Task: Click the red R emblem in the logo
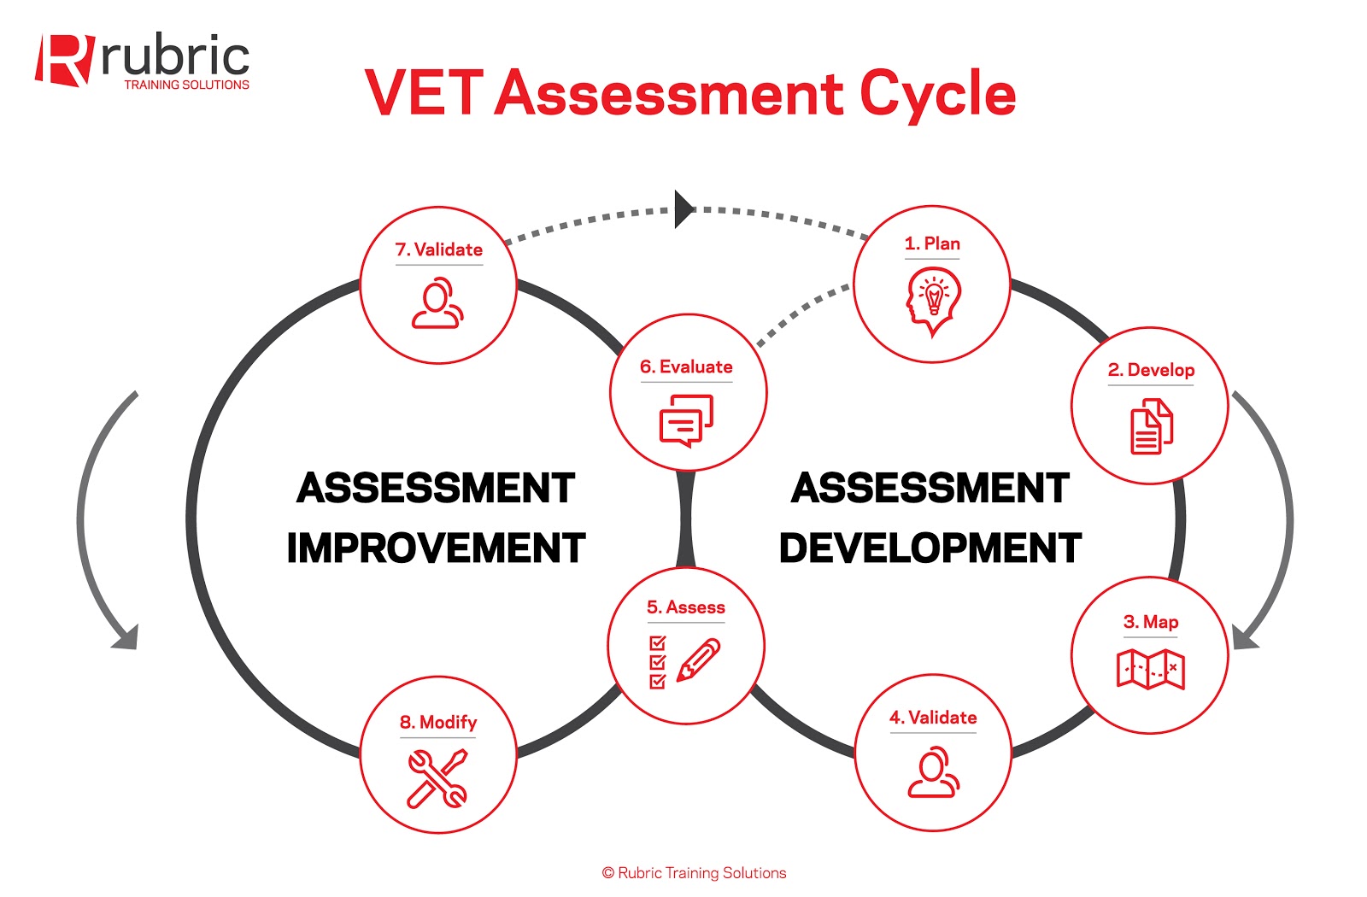[x=63, y=60]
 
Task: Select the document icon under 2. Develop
[x=1151, y=426]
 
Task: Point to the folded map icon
[x=1150, y=668]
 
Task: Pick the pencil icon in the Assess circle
[x=698, y=660]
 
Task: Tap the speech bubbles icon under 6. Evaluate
[x=686, y=419]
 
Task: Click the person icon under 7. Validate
[x=437, y=303]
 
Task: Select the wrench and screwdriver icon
[x=437, y=778]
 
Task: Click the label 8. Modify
[x=438, y=723]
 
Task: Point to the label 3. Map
[x=1150, y=622]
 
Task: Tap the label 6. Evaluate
[x=686, y=367]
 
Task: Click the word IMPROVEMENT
[x=436, y=548]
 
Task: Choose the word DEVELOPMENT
[x=930, y=548]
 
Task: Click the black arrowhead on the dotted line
[x=683, y=209]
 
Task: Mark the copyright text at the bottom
[x=694, y=873]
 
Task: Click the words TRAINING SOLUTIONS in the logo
[x=186, y=85]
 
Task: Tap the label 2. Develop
[x=1151, y=370]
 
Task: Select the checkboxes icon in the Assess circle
[x=657, y=662]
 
